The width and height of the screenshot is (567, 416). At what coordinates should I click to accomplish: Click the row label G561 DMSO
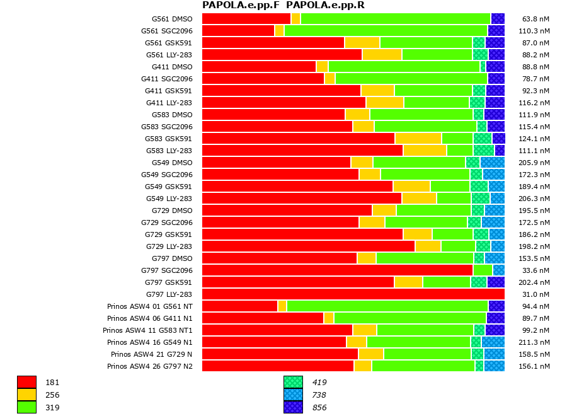coord(172,19)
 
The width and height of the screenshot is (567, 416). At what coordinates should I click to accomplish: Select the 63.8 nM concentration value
coord(534,19)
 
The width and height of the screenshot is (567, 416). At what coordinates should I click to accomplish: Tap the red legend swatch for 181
coord(26,382)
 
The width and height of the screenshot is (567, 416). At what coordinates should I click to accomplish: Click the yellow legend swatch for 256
coord(26,395)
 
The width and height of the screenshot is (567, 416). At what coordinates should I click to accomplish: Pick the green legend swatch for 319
coord(26,407)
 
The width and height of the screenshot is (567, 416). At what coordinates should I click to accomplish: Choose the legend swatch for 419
coord(293,382)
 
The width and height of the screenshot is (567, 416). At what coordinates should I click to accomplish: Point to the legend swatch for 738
coord(293,395)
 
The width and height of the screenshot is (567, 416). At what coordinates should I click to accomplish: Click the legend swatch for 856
coord(293,407)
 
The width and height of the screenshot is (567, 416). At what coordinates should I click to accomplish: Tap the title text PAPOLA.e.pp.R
coord(325,6)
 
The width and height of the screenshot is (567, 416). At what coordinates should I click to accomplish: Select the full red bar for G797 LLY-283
coord(353,294)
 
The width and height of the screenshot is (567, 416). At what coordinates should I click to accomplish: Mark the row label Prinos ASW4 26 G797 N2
coord(150,366)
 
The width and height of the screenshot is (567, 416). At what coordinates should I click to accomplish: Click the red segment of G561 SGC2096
coord(238,31)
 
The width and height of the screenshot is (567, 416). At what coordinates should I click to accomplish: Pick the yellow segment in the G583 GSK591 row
coord(418,139)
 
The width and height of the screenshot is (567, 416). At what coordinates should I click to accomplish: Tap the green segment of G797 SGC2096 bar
coord(483,270)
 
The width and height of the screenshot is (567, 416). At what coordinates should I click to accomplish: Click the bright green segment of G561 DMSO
coord(395,19)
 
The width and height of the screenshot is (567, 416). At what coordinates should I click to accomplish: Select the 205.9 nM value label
coord(534,163)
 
